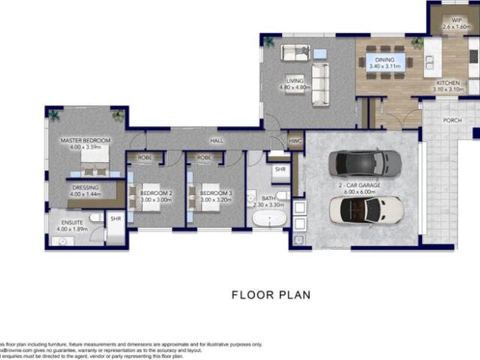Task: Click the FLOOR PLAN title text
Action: (x=271, y=295)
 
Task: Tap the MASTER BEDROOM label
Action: (x=85, y=141)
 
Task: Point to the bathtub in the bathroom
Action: (x=268, y=220)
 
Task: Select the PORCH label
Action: (x=452, y=120)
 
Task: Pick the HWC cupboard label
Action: (x=295, y=140)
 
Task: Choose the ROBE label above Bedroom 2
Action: (x=145, y=158)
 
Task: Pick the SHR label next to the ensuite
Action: (x=115, y=219)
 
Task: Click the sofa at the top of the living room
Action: (x=295, y=52)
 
